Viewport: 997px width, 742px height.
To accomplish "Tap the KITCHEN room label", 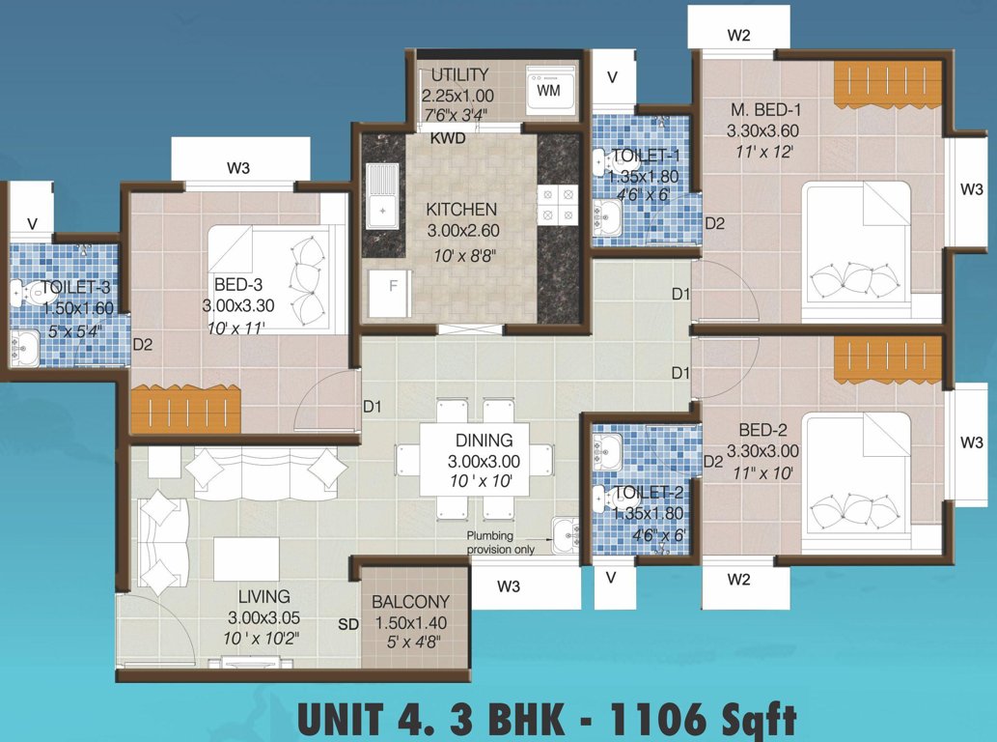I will (461, 210).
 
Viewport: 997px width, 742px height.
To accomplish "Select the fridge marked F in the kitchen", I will (392, 287).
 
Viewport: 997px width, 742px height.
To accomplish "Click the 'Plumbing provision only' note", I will (504, 543).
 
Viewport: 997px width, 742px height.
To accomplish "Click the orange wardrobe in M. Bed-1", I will (886, 84).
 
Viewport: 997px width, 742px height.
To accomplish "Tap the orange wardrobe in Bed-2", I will (886, 359).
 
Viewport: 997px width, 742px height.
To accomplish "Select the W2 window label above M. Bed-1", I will (738, 37).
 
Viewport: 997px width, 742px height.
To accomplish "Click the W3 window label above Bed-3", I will (239, 168).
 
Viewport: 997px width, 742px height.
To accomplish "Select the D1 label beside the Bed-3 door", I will (373, 407).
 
